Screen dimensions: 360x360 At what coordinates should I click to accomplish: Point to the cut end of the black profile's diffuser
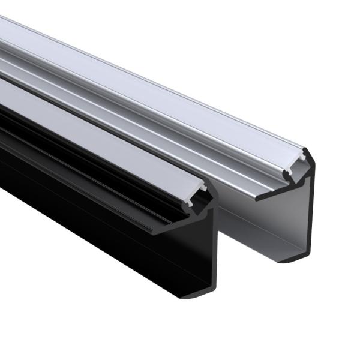tap(198, 191)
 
